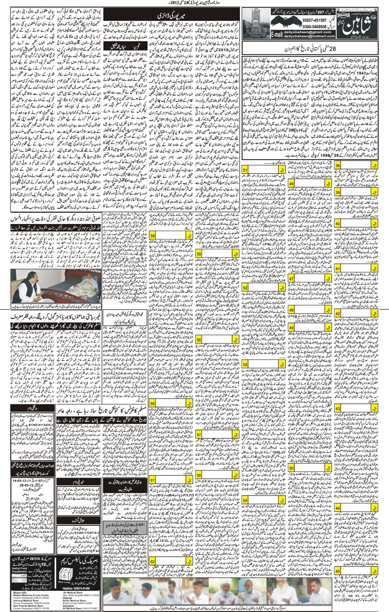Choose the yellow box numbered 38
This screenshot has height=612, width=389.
click(338, 165)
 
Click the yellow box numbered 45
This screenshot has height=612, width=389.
click(338, 571)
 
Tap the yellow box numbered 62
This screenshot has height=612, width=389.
click(153, 562)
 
